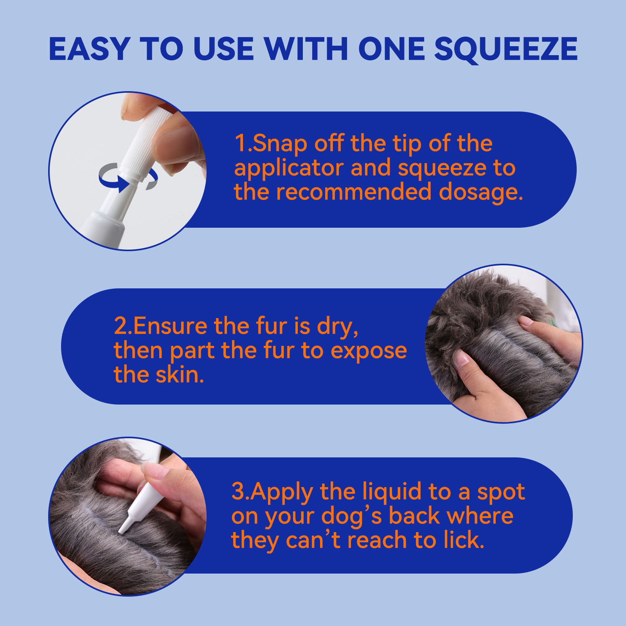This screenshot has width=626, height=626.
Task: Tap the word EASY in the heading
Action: [89, 49]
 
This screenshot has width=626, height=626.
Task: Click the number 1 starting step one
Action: [240, 143]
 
